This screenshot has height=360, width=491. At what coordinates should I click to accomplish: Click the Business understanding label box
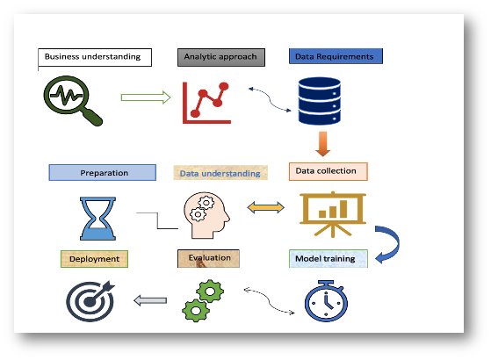(95, 57)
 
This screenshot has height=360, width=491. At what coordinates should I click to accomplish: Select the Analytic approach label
(220, 57)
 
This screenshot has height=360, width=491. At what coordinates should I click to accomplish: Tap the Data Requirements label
(336, 57)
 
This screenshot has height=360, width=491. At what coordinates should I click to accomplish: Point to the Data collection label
(328, 171)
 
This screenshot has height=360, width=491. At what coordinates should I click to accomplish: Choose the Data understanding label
(220, 173)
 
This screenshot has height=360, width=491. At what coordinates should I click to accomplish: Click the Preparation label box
(104, 173)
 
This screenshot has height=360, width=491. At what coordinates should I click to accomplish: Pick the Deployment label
(95, 259)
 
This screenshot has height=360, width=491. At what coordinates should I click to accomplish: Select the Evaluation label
(209, 258)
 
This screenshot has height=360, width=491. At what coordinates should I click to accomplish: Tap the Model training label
(328, 259)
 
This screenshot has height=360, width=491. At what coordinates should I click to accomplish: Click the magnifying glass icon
(70, 99)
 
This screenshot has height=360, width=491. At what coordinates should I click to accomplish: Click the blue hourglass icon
(97, 218)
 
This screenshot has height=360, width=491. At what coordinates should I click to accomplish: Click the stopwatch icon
(325, 301)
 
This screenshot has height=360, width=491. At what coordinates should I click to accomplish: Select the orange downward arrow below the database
(323, 143)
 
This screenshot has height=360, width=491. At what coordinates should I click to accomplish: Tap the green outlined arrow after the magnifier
(145, 97)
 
